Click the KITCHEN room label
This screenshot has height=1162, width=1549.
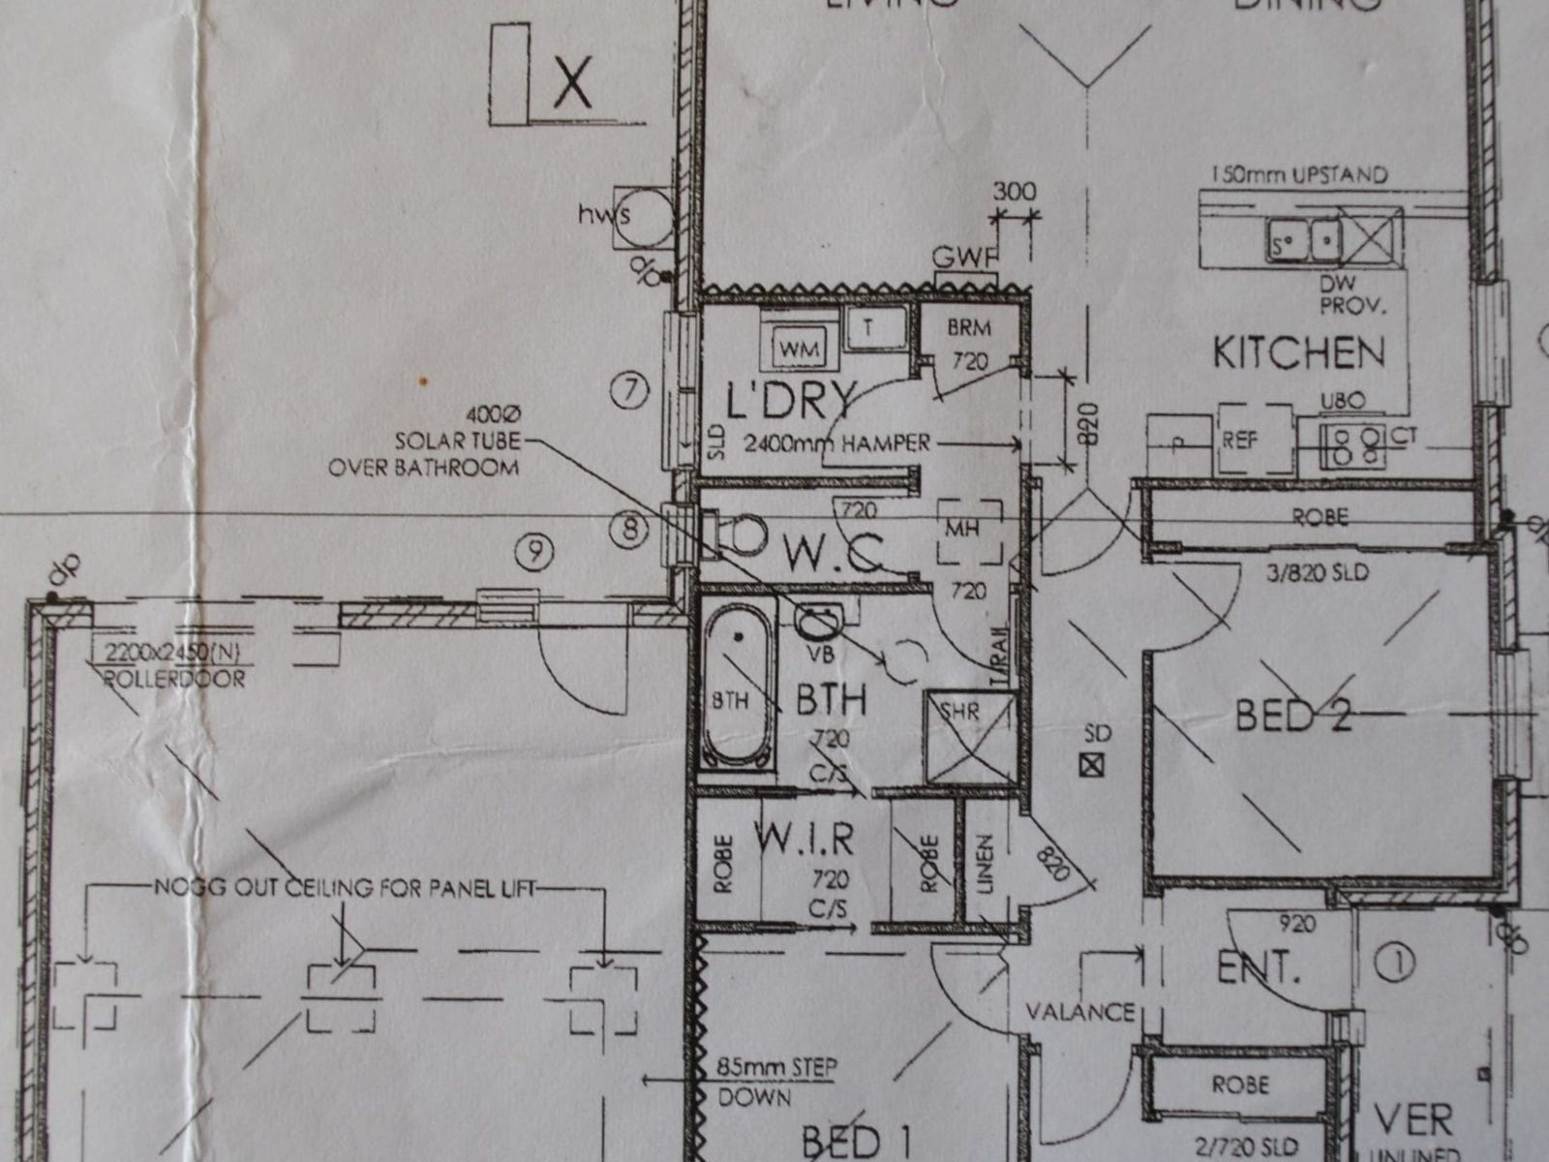1298,352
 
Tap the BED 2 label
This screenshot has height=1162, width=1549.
1292,717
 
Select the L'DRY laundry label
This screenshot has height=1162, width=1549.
792,398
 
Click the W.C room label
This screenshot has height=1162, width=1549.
833,554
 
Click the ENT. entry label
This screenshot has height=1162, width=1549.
1257,967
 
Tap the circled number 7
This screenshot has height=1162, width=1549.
630,391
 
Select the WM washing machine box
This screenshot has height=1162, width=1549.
799,347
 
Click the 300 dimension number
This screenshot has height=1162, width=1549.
1014,191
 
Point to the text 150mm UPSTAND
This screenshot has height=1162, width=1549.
1298,175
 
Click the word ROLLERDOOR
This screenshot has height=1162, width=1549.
173,680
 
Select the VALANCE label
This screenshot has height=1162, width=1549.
1079,1012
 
